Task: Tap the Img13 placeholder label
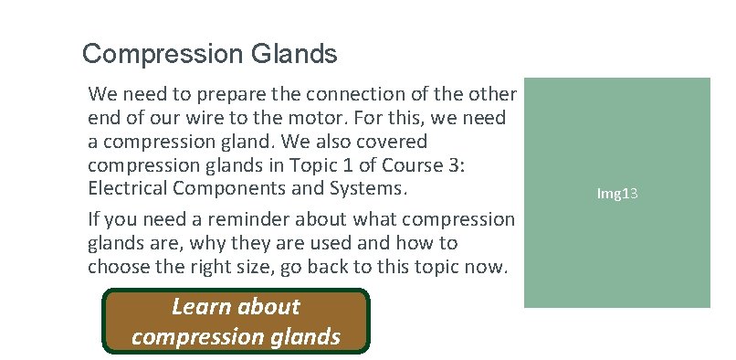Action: click(x=616, y=194)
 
